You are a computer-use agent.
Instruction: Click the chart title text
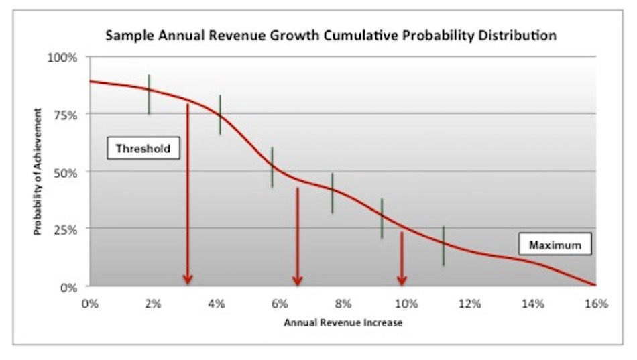point(331,36)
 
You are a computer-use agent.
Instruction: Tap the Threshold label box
point(143,148)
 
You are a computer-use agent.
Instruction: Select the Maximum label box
point(555,245)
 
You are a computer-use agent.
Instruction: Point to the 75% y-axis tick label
point(65,115)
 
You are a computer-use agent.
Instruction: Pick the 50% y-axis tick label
point(65,172)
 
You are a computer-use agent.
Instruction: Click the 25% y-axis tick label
point(65,229)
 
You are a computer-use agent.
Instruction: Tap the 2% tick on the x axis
point(153,304)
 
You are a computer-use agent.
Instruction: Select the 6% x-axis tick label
point(280,304)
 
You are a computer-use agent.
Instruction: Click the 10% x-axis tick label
point(406,304)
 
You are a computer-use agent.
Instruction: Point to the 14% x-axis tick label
point(533,304)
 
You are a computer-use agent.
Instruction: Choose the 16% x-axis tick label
point(596,304)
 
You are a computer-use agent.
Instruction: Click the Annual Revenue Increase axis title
point(343,322)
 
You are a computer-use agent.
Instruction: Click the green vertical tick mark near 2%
point(149,95)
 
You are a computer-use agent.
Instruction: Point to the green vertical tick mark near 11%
point(443,246)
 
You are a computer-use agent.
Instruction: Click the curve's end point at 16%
point(595,286)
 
